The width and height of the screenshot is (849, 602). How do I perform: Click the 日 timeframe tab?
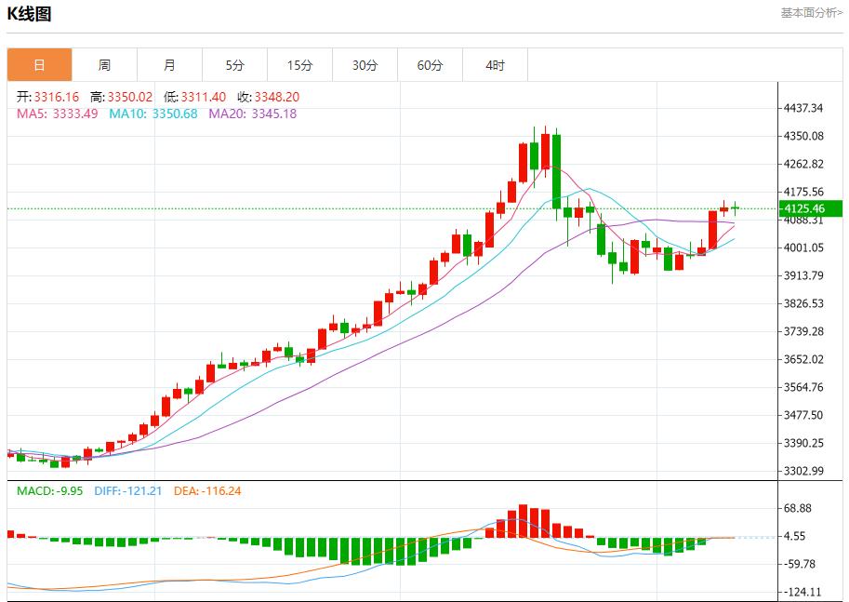(39, 65)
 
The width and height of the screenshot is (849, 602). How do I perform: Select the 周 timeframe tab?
(104, 65)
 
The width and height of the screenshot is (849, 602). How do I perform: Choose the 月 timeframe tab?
(169, 65)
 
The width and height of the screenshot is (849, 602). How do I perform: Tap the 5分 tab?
(234, 65)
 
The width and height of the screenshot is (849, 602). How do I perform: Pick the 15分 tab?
(299, 65)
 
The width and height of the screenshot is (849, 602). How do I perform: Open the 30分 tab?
(365, 65)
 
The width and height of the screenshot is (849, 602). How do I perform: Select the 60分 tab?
(430, 65)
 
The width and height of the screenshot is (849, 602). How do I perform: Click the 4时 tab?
(495, 65)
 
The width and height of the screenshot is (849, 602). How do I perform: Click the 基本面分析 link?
(811, 13)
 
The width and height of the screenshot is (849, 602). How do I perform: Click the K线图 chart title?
(30, 14)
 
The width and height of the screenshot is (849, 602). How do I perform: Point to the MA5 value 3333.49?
(76, 114)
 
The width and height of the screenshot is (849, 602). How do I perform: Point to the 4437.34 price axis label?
(803, 108)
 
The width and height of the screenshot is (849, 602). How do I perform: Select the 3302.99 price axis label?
(803, 471)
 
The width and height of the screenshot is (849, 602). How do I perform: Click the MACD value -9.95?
(69, 490)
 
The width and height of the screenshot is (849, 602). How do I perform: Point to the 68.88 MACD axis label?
(798, 508)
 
